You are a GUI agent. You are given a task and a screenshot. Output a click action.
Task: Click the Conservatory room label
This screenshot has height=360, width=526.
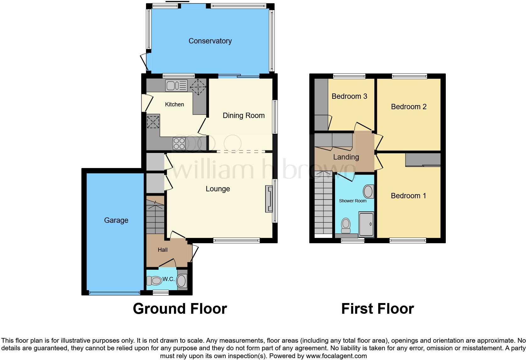(x=210, y=41)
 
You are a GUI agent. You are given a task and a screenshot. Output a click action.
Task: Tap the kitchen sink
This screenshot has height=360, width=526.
(x=176, y=86)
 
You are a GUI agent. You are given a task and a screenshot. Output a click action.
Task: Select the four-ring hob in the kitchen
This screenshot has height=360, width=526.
(x=179, y=143)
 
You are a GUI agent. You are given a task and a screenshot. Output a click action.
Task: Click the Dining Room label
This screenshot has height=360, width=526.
(x=243, y=115)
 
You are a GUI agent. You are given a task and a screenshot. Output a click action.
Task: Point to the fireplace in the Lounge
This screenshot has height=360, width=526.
(x=269, y=199)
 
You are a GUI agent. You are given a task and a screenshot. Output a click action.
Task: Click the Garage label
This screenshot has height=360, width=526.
(x=116, y=220)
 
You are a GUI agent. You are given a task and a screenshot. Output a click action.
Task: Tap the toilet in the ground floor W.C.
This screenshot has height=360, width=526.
(x=154, y=280)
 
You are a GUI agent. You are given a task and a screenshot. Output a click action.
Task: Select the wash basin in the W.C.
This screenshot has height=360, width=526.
(x=182, y=281)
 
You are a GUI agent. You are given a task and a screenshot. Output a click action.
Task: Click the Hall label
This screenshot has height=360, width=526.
(x=162, y=250)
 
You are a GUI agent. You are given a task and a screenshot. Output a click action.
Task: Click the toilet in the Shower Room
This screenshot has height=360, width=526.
(x=346, y=225)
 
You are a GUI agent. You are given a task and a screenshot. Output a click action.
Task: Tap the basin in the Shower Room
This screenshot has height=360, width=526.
(x=368, y=191)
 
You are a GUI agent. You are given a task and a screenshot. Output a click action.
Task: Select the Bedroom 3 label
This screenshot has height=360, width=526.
(x=349, y=96)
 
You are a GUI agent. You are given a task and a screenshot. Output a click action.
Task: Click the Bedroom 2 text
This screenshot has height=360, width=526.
(x=408, y=107)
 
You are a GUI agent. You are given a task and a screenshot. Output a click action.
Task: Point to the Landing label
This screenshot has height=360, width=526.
(x=346, y=157)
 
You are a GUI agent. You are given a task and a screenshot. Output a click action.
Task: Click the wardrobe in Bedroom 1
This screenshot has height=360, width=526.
(x=423, y=160)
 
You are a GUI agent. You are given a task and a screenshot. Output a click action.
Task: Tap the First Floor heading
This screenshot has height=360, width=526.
(x=377, y=309)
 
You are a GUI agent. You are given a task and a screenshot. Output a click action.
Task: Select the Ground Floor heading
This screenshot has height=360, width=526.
(x=180, y=309)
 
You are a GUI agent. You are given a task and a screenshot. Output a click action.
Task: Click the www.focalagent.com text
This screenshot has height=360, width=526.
(x=336, y=356)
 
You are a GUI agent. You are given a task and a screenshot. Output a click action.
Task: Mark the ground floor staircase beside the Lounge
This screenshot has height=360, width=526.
(x=155, y=215)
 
